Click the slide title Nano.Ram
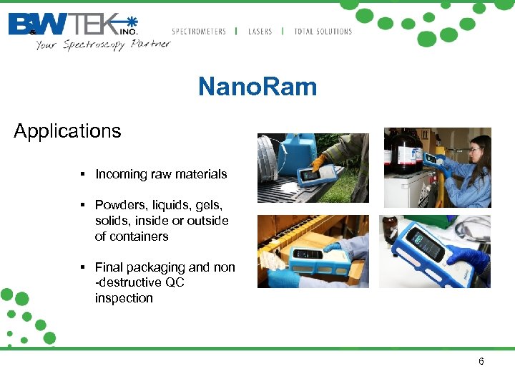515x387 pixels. (257, 87)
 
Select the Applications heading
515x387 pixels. (67, 131)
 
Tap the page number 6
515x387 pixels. (481, 361)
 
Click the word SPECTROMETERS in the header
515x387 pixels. (199, 32)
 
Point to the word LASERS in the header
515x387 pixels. (260, 32)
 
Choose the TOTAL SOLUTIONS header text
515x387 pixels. (323, 32)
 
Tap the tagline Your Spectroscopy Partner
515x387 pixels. (102, 44)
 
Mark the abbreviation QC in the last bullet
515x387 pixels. (175, 282)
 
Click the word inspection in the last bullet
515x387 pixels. (124, 298)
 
